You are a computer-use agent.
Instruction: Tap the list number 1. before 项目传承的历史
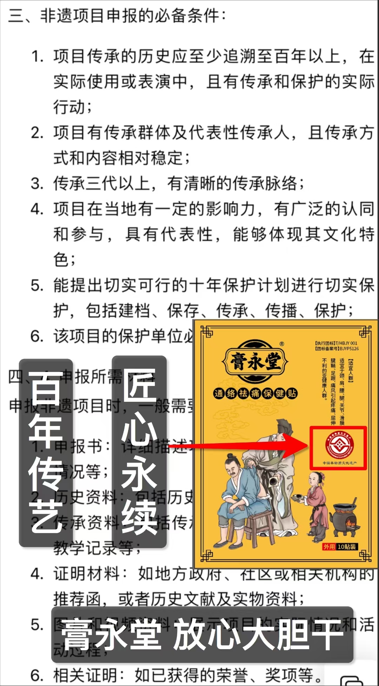click(x=38, y=56)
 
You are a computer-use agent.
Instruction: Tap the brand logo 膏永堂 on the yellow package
click(x=255, y=361)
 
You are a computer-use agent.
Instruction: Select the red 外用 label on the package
click(x=329, y=546)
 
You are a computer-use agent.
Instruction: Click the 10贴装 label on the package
click(x=347, y=546)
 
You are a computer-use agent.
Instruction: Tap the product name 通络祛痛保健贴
click(x=255, y=393)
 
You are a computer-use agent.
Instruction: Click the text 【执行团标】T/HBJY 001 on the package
click(x=336, y=343)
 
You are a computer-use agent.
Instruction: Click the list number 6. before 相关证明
click(x=37, y=675)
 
